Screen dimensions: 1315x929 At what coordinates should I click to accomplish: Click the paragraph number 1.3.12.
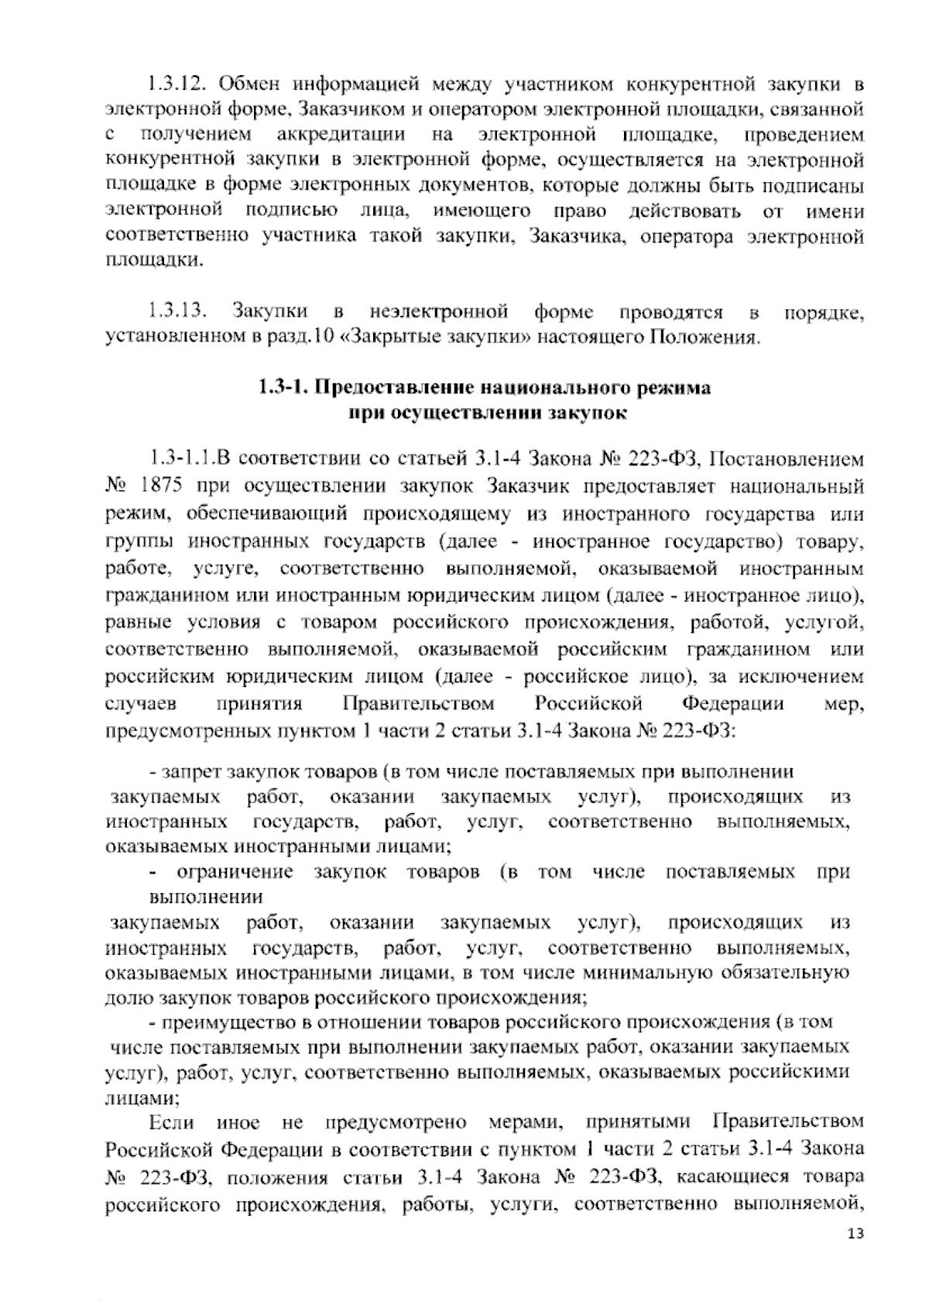click(x=178, y=83)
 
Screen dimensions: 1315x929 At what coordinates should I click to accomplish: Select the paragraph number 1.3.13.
click(x=178, y=312)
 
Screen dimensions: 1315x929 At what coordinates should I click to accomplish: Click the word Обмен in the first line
click(x=252, y=83)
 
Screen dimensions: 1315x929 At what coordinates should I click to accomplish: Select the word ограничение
click(x=235, y=873)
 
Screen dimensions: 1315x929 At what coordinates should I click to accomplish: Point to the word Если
click(x=171, y=1122)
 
